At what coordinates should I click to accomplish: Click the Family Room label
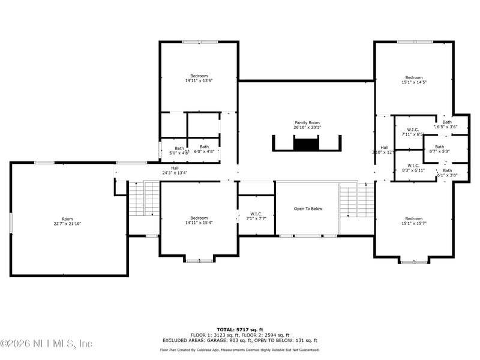click(x=307, y=122)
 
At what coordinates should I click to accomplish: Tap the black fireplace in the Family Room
click(x=307, y=144)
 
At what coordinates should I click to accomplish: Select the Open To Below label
click(x=308, y=209)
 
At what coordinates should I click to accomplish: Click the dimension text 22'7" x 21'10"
click(x=67, y=224)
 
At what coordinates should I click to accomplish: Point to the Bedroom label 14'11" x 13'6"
click(x=199, y=76)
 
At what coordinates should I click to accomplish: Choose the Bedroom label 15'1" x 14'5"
click(x=413, y=77)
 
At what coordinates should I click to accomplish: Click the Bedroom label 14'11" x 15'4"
click(x=199, y=218)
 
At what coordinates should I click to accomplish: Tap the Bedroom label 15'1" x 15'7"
click(x=413, y=219)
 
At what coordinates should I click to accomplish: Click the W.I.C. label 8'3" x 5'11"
click(x=413, y=166)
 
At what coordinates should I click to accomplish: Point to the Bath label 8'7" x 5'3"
click(x=440, y=147)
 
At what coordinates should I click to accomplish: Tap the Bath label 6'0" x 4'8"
click(x=205, y=147)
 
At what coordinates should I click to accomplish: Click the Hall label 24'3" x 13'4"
click(x=175, y=169)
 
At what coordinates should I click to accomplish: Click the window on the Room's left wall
click(x=10, y=223)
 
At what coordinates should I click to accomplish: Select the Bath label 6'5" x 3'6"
click(x=447, y=122)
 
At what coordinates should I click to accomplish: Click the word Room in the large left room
click(x=67, y=219)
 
